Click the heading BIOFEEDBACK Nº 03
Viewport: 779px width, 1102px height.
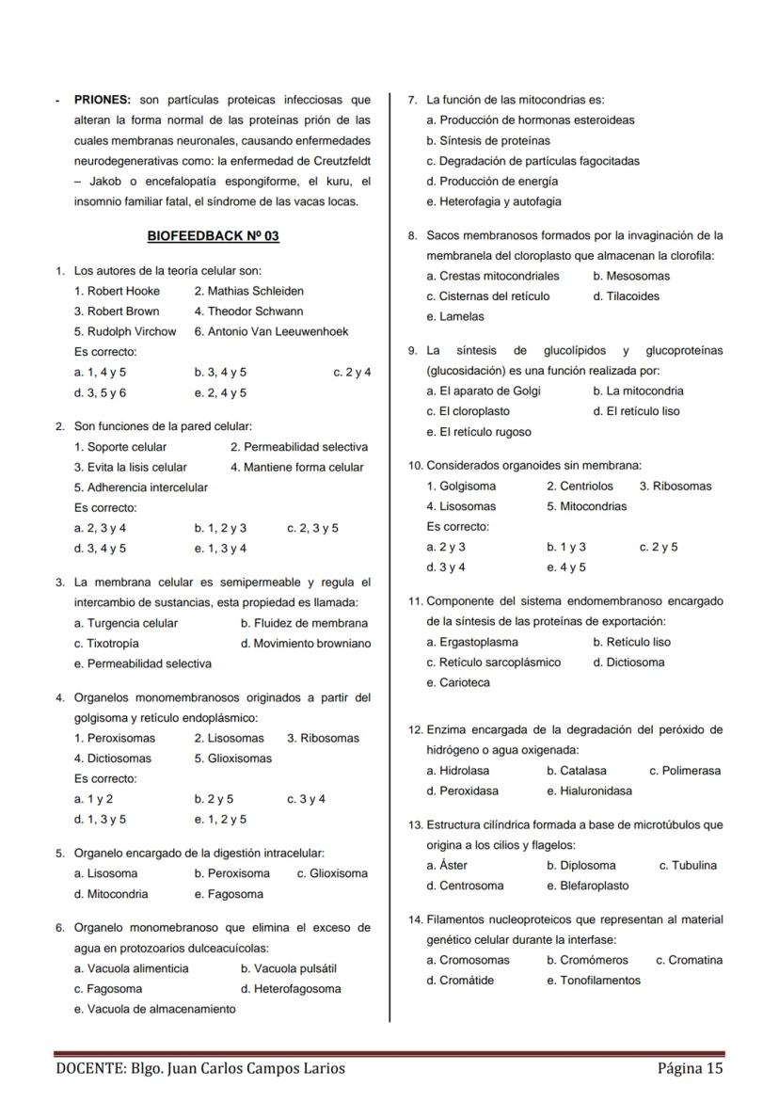click(x=214, y=236)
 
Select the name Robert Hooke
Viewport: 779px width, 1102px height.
click(x=118, y=291)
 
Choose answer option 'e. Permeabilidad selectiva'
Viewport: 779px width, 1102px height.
click(x=143, y=663)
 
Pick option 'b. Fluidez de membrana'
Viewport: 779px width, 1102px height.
click(x=304, y=623)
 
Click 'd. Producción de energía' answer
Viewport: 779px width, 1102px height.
click(x=492, y=181)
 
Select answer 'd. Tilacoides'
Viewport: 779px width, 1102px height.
click(x=627, y=296)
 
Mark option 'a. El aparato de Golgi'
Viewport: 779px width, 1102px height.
click(x=484, y=391)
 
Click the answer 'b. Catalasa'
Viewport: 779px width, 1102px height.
click(x=577, y=771)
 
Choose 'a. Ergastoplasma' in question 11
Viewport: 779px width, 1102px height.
click(x=472, y=642)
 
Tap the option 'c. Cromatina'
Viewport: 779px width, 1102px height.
click(x=690, y=960)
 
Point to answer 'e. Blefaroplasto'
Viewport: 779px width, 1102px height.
click(x=588, y=886)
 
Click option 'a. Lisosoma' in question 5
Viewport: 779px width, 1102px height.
click(x=106, y=873)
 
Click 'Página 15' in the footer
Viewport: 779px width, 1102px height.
click(x=691, y=1068)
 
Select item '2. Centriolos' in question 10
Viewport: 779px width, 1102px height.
click(x=580, y=487)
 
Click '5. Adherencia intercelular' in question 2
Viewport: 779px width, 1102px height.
click(x=141, y=487)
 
